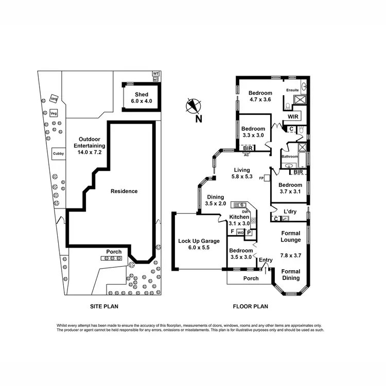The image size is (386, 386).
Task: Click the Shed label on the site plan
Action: point(142,95)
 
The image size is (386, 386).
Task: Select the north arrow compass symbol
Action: point(193,107)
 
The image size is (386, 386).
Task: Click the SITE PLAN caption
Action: point(104,307)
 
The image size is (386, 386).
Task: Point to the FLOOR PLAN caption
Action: point(251,307)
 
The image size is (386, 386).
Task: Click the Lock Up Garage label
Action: point(199,241)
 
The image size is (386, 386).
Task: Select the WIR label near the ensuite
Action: point(294,116)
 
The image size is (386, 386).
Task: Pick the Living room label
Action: point(241,170)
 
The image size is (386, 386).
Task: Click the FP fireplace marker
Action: point(261,178)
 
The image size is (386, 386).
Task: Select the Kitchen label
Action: point(239,217)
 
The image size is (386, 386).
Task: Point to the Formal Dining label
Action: point(291,275)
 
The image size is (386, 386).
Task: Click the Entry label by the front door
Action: point(266,260)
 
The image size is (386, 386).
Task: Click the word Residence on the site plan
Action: point(125,191)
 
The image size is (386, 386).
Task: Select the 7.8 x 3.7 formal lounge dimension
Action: point(291,255)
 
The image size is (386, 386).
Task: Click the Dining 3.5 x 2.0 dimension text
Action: point(215,204)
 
